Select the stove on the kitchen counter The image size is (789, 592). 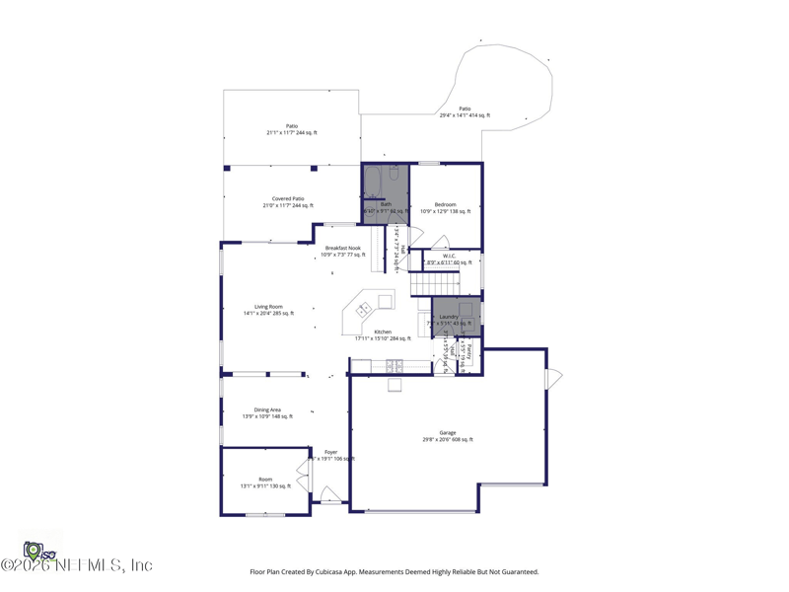click(x=394, y=367)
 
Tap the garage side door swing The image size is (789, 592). click(x=554, y=378)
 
